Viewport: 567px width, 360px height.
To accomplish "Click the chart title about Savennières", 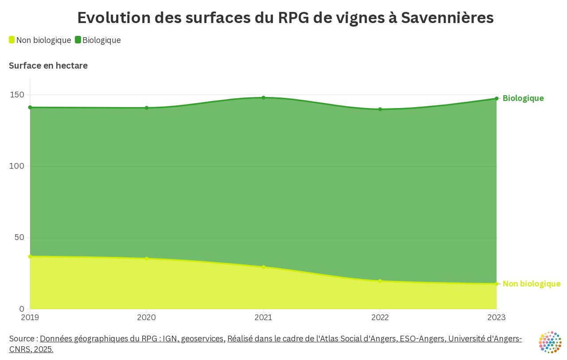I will tap(285, 18).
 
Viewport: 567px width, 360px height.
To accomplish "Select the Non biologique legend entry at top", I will tap(40, 40).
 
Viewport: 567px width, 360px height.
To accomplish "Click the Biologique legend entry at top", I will tap(98, 40).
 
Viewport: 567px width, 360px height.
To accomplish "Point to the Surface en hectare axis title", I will tap(48, 66).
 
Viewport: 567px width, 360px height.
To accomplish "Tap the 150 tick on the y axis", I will tap(18, 95).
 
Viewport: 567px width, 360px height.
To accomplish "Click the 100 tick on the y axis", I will tap(18, 166).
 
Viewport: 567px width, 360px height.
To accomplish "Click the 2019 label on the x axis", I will tap(30, 317).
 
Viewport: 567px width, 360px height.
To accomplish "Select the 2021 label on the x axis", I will tap(263, 317).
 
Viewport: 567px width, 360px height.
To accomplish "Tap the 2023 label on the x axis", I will tap(496, 317).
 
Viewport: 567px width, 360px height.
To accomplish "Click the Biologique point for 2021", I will tap(263, 97).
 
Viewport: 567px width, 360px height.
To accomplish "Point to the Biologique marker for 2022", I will tap(380, 109).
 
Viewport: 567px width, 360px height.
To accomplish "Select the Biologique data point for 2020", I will tap(147, 108).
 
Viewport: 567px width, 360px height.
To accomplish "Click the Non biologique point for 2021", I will tap(263, 267).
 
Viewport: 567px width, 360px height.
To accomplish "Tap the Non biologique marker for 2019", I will tap(30, 256).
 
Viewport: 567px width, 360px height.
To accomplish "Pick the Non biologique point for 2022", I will tap(380, 281).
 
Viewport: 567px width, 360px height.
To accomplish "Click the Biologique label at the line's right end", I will tap(523, 98).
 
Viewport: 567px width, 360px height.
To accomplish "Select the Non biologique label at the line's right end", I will tap(531, 284).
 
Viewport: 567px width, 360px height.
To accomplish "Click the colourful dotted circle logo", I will tap(550, 342).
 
